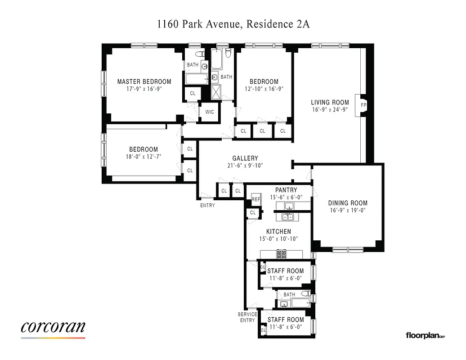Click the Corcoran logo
pos(53,327)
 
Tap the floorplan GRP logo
pos(425,335)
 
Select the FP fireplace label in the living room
pos(363,105)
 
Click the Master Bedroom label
pos(144,81)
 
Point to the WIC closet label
pos(210,112)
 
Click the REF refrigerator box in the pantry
pos(256,199)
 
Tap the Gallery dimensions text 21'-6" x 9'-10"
pos(245,166)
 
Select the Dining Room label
pos(347,203)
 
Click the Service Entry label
pos(247,317)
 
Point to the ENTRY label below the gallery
pos(207,205)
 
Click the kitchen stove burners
pos(282,255)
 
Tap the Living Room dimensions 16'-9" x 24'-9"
pos(330,109)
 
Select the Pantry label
pos(286,190)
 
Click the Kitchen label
pos(278,231)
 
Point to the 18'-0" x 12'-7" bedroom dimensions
pos(143,157)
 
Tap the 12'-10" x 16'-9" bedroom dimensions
pos(264,89)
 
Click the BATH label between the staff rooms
pos(289,295)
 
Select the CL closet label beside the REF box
pos(253,213)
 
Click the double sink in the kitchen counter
pos(287,217)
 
